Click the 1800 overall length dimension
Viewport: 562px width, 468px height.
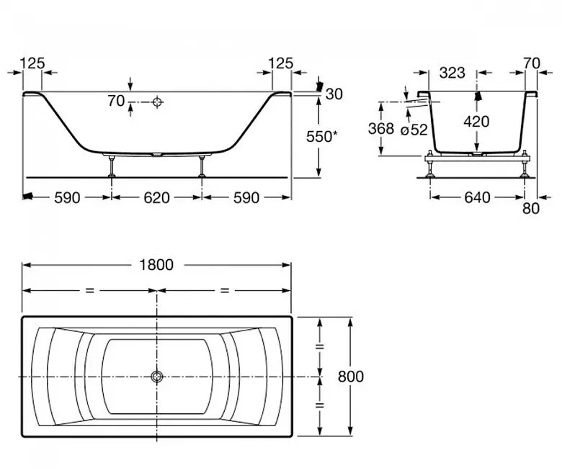tap(156, 265)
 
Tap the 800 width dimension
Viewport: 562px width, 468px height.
tap(351, 377)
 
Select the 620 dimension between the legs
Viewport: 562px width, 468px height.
tap(156, 198)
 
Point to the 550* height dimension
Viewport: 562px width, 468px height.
tap(322, 136)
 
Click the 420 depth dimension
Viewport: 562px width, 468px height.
tap(476, 122)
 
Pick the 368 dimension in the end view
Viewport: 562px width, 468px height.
tap(381, 129)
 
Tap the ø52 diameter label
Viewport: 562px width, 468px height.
tap(414, 130)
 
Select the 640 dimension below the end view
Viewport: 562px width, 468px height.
tap(477, 198)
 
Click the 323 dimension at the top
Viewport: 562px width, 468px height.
tap(452, 73)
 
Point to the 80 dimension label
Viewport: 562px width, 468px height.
tap(531, 208)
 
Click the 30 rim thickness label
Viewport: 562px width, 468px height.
tap(334, 94)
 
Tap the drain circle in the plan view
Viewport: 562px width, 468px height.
tap(156, 377)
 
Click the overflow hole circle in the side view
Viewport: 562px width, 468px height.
tap(157, 102)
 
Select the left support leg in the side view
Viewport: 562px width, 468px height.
tap(112, 166)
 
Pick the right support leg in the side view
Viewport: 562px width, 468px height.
tap(202, 166)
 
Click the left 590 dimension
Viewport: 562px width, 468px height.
tap(67, 198)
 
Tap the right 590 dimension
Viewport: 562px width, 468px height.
tap(246, 198)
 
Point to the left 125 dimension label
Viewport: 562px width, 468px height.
tap(32, 63)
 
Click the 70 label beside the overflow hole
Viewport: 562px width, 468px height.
tap(116, 101)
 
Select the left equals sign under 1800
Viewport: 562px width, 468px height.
tap(89, 290)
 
